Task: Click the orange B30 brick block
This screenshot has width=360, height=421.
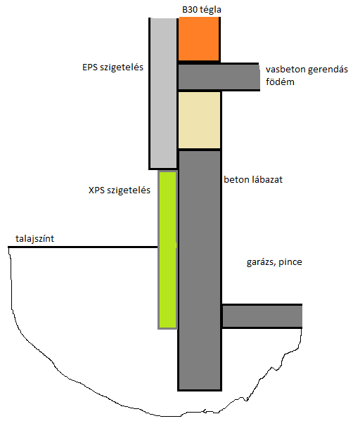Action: (x=198, y=39)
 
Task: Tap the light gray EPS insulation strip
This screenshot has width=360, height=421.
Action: (x=163, y=93)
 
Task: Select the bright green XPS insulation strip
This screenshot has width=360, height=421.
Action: (x=167, y=250)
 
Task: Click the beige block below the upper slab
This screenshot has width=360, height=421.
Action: (x=199, y=120)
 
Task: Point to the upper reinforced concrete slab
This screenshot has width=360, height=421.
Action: (x=219, y=77)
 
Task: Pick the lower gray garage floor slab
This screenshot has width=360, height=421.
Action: (x=262, y=316)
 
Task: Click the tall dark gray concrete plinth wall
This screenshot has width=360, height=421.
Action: (x=200, y=270)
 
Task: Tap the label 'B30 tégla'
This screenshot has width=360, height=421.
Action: (x=202, y=10)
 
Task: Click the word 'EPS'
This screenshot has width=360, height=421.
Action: (x=90, y=67)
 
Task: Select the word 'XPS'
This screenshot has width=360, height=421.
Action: (x=96, y=190)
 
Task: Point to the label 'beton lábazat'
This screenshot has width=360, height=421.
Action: (x=253, y=180)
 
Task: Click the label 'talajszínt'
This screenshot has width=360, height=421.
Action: (x=34, y=239)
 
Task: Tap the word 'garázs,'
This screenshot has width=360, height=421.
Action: (x=261, y=262)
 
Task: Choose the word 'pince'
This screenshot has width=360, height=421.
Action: (x=290, y=262)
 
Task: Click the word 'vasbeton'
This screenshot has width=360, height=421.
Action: (x=285, y=70)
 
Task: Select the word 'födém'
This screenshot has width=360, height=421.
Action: (x=280, y=82)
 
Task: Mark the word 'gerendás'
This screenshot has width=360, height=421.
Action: (x=328, y=70)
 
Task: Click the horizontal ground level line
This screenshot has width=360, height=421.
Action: (x=83, y=247)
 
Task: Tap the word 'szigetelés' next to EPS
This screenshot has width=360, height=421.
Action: (x=122, y=67)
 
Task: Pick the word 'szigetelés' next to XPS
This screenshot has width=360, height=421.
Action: (x=129, y=190)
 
